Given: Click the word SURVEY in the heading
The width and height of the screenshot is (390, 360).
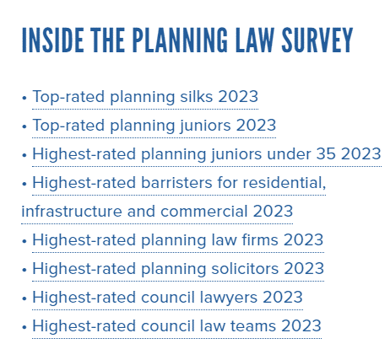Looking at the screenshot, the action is pyautogui.click(x=317, y=40).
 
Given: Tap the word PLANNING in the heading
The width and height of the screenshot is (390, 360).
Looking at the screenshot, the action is pyautogui.click(x=180, y=40).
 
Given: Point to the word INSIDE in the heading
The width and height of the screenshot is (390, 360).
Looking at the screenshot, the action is pyautogui.click(x=52, y=40).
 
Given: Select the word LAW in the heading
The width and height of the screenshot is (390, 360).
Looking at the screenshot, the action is pyautogui.click(x=255, y=40).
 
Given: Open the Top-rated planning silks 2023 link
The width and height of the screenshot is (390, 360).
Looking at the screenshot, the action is pyautogui.click(x=145, y=97).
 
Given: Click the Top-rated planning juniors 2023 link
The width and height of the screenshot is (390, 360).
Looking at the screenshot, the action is pyautogui.click(x=154, y=126).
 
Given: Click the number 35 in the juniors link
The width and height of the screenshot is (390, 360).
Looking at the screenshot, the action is pyautogui.click(x=326, y=154).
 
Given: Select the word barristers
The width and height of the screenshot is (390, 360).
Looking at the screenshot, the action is pyautogui.click(x=176, y=183).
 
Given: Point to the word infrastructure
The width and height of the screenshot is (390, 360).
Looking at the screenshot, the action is pyautogui.click(x=72, y=212).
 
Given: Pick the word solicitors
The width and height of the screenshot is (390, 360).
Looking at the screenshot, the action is pyautogui.click(x=245, y=269).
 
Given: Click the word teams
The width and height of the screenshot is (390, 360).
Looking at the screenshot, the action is pyautogui.click(x=253, y=326).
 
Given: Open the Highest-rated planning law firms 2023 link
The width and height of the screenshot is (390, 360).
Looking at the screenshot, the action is pyautogui.click(x=178, y=240).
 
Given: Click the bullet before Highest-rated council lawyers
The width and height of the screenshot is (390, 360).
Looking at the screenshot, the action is pyautogui.click(x=24, y=298).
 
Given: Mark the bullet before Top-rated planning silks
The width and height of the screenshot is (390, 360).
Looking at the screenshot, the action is pyautogui.click(x=24, y=98).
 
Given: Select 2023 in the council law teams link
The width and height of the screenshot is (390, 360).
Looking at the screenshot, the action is pyautogui.click(x=301, y=326).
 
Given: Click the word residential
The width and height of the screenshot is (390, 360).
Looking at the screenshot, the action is pyautogui.click(x=284, y=183).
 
